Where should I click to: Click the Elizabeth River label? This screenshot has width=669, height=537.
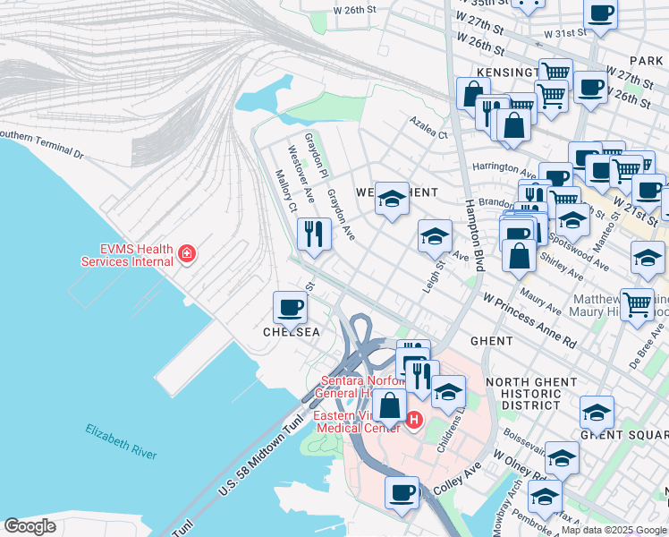(x=121, y=442)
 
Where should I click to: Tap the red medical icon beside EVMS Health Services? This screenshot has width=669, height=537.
(x=186, y=254)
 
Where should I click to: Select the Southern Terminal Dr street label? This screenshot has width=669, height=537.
(x=40, y=144)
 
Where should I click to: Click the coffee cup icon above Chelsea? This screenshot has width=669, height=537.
(x=290, y=309)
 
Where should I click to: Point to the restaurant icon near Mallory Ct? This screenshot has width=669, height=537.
(x=313, y=235)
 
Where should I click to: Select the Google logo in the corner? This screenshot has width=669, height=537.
(x=30, y=525)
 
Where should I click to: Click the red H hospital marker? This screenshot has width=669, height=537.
(x=413, y=418)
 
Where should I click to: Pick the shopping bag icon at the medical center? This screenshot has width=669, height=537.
(x=390, y=405)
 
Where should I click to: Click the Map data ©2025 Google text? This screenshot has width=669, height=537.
(x=613, y=529)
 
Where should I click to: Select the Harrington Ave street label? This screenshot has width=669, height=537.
(x=504, y=167)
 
